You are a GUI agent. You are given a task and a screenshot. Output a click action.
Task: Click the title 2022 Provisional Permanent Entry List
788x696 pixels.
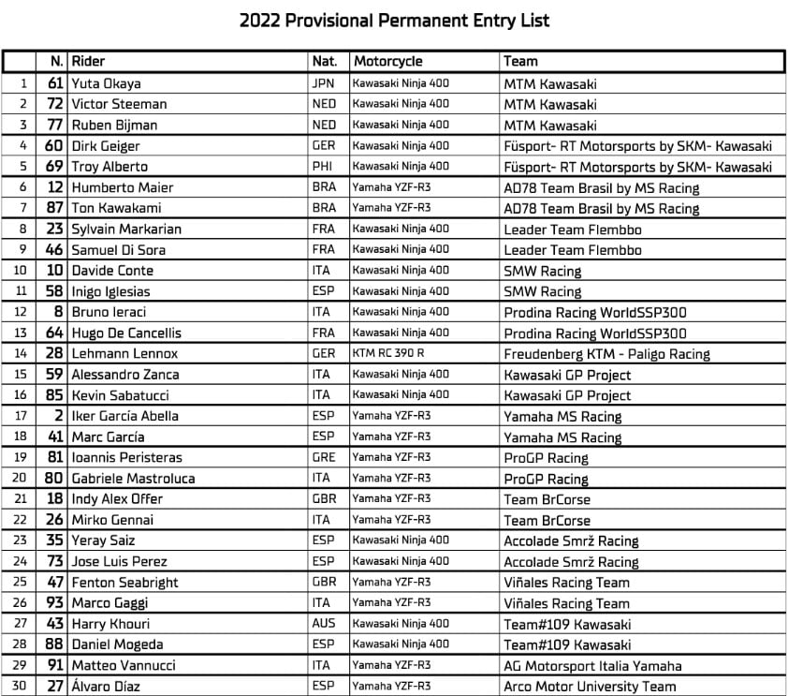click(x=394, y=20)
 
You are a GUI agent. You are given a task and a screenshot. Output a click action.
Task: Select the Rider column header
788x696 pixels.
click(x=88, y=62)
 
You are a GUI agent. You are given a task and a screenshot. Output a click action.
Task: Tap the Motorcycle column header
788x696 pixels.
click(x=387, y=62)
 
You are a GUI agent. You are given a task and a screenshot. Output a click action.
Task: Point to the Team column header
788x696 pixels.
click(x=520, y=62)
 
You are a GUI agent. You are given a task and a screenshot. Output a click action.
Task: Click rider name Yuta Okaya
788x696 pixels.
click(x=106, y=83)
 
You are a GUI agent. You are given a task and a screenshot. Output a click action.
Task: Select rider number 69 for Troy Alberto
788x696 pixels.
click(x=54, y=167)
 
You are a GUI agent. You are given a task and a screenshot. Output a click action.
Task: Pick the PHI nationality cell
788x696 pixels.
click(x=323, y=167)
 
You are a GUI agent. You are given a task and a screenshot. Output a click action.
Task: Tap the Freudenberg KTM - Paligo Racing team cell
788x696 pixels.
click(x=606, y=354)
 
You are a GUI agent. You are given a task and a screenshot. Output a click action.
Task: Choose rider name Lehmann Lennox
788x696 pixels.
click(x=124, y=353)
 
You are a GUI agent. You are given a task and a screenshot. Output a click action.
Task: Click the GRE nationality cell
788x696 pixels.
click(x=324, y=457)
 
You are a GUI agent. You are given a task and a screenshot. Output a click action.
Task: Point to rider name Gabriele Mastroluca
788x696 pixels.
click(x=133, y=479)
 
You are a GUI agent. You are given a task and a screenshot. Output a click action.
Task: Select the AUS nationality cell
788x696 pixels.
click(x=324, y=624)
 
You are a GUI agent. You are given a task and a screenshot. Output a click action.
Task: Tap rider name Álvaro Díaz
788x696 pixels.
click(x=105, y=686)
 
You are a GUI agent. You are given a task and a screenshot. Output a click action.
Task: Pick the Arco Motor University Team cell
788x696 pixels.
click(x=590, y=686)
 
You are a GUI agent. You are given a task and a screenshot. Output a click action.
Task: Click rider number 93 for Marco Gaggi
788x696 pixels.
click(x=54, y=602)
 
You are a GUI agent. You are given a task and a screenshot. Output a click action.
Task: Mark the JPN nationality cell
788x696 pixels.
click(x=324, y=83)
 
